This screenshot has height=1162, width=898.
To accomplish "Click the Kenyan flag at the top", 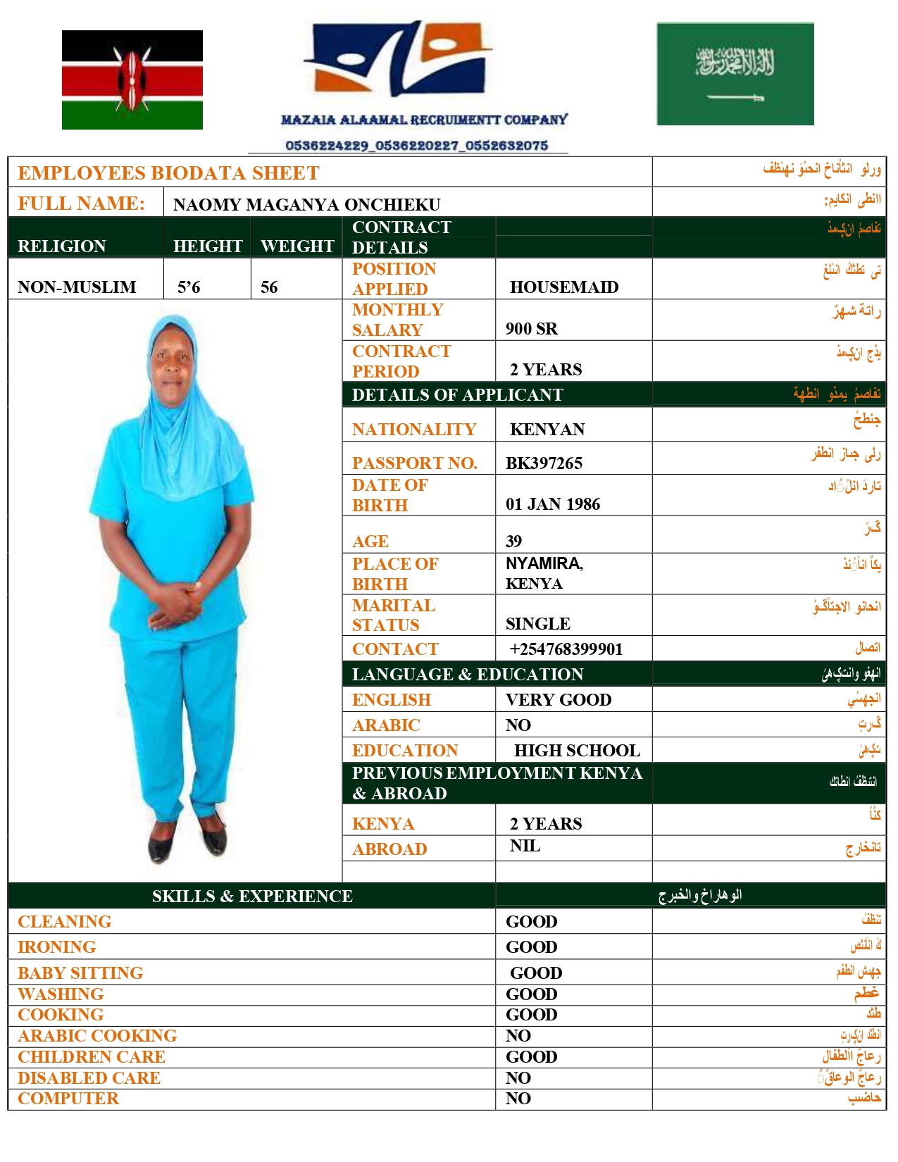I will tap(132, 80).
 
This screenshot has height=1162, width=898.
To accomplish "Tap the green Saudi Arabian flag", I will tap(735, 74).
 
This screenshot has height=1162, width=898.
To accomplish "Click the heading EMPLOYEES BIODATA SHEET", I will tap(168, 173).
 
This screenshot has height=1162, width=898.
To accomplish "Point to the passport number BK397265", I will tap(544, 463).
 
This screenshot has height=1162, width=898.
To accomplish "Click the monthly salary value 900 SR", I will tap(531, 329).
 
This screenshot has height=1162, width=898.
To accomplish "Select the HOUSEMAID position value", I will tap(564, 287).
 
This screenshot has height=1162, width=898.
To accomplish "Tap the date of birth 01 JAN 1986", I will tap(553, 504).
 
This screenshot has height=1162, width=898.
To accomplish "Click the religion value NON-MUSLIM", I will tap(77, 287).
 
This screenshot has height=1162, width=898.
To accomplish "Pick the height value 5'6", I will tap(189, 287).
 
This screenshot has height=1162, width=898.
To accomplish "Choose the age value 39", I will tap(513, 542).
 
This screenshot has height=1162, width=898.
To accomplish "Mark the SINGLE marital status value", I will tap(537, 624).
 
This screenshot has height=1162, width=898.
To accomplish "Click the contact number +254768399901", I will tap(566, 649).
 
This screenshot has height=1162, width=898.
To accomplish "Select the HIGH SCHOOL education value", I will tap(577, 751).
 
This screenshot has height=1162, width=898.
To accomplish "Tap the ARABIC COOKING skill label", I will tap(97, 1036).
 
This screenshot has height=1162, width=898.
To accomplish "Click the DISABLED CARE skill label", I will tap(89, 1078).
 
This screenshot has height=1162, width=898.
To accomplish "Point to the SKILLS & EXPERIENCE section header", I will tap(252, 897).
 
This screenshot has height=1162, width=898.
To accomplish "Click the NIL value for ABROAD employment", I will tap(525, 846).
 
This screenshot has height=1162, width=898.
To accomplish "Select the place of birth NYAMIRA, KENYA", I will tap(544, 573).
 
